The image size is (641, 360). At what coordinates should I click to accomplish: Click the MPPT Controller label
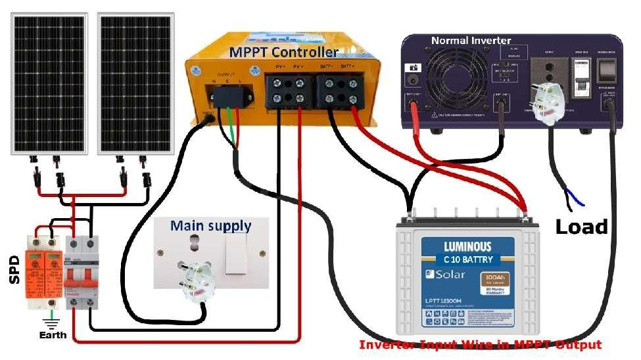pyautogui.click(x=283, y=52)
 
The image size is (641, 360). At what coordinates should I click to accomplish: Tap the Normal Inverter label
pyautogui.click(x=471, y=41)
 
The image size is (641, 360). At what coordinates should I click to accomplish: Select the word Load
pyautogui.click(x=581, y=227)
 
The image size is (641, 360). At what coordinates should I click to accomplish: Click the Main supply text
pyautogui.click(x=210, y=226)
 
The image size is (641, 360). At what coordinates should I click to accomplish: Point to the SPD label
pyautogui.click(x=15, y=270)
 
